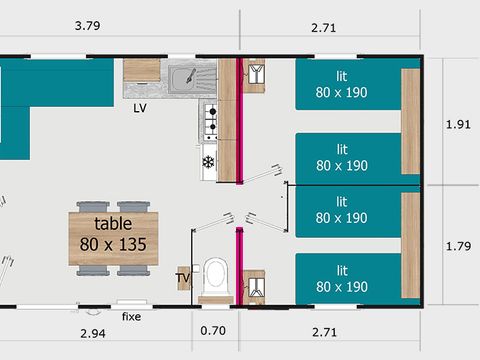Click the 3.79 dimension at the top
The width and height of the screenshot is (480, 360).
click(87, 26)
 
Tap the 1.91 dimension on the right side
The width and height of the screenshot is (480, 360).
click(458, 124)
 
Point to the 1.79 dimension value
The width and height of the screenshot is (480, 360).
click(458, 246)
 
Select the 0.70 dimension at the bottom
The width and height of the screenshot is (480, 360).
click(213, 331)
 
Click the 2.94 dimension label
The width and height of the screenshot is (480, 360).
click(93, 333)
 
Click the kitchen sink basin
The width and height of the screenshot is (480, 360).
click(182, 79)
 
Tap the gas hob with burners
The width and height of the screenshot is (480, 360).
click(210, 121)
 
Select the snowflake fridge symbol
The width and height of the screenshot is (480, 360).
click(208, 162)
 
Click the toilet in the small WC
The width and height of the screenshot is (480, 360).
click(215, 278)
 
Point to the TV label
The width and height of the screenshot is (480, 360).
click(183, 278)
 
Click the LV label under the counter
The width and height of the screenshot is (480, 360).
click(140, 108)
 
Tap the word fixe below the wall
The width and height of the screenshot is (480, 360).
click(131, 316)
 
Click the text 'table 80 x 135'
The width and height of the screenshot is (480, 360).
click(113, 234)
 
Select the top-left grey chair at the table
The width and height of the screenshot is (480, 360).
click(93, 207)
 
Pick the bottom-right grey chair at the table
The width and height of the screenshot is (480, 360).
click(133, 270)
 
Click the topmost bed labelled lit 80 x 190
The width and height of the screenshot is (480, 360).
click(348, 85)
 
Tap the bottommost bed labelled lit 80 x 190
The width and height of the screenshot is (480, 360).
click(348, 279)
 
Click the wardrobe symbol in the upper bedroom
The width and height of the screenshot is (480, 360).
click(256, 74)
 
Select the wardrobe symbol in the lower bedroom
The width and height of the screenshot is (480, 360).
click(256, 288)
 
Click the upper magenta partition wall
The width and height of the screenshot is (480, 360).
click(239, 121)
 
